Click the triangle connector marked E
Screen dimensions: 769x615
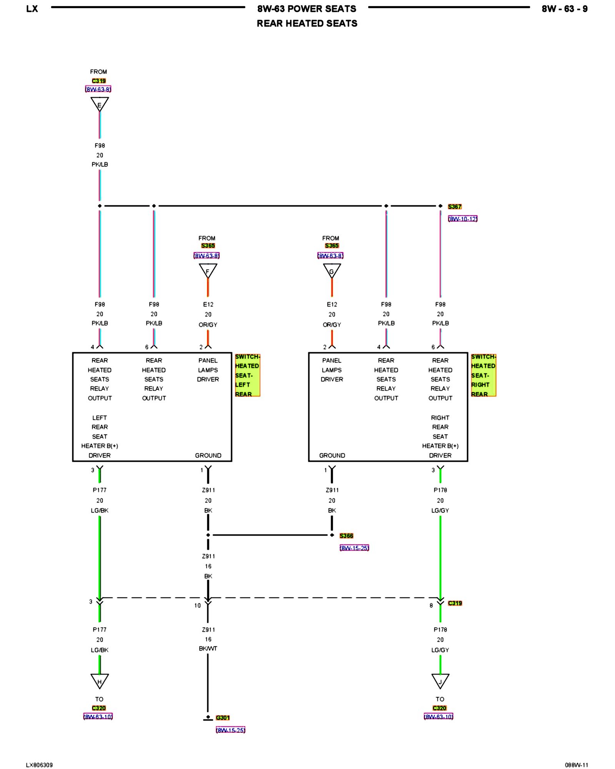coord(100,104)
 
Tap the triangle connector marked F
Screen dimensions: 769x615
coord(208,270)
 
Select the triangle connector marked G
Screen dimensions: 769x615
coord(332,270)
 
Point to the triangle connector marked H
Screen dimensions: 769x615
coord(100,681)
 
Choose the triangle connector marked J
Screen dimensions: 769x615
coord(440,681)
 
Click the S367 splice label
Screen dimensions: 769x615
coord(454,206)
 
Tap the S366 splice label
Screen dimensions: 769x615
coord(346,536)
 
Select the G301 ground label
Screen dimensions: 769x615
coord(223,717)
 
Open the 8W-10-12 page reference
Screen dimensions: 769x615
coord(462,219)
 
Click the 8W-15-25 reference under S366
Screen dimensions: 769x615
coord(354,548)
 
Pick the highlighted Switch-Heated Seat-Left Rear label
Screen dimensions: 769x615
coord(247,375)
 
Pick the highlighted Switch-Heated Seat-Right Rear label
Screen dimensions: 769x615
coord(483,375)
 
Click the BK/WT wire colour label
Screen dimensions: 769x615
coord(208,648)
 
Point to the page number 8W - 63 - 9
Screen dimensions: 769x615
coord(564,9)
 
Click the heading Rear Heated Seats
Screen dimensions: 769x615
coord(307,23)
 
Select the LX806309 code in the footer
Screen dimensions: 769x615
coord(39,765)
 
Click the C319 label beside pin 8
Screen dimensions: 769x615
coord(455,603)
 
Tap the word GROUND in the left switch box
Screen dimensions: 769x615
coord(208,455)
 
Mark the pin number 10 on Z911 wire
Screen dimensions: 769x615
coord(197,605)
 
